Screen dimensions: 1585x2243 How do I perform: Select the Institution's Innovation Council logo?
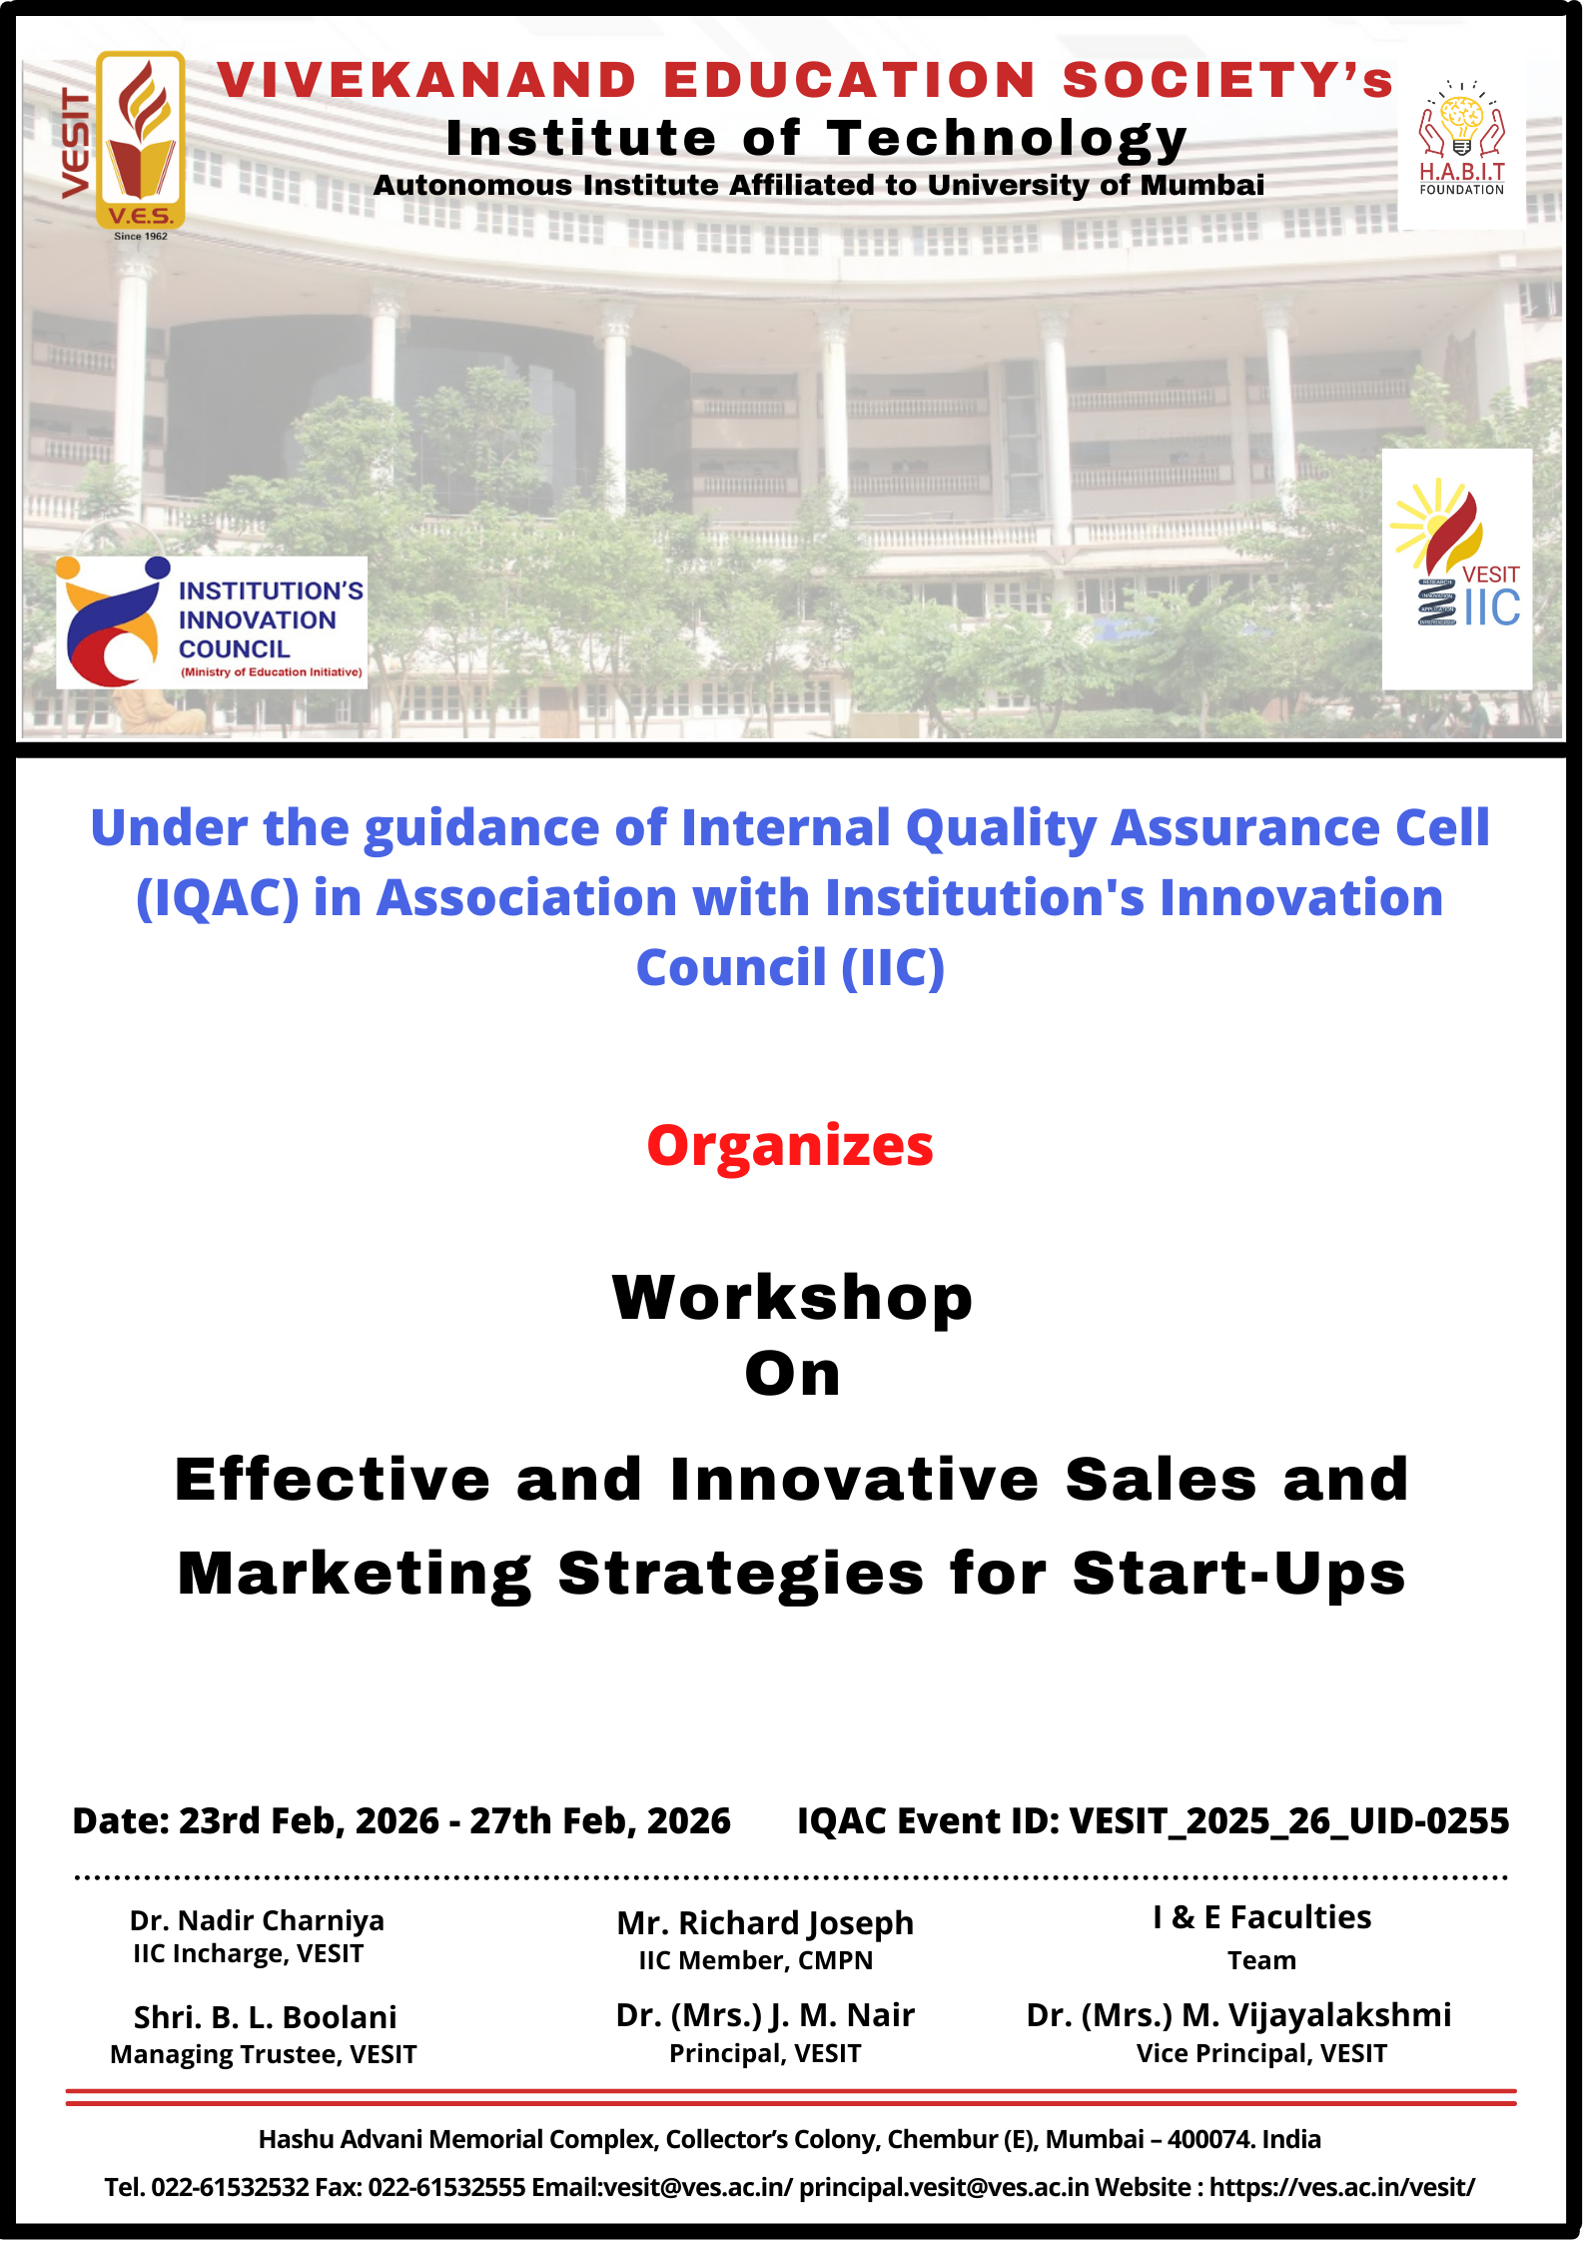[x=212, y=621]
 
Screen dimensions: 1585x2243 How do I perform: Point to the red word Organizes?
[x=790, y=1146]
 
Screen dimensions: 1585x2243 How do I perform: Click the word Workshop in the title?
[x=792, y=1298]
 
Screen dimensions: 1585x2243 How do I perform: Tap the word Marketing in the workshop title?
[x=355, y=1575]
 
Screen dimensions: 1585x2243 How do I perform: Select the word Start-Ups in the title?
[x=1239, y=1574]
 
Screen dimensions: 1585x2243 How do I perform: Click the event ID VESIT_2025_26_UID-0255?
[x=1289, y=1821]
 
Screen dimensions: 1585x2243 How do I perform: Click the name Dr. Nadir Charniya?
[x=257, y=1920]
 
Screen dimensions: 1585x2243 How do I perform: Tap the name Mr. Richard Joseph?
[x=765, y=1923]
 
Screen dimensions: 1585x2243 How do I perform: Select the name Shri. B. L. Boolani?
[x=266, y=2017]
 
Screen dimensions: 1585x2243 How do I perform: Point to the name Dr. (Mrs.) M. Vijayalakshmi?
[x=1239, y=2016]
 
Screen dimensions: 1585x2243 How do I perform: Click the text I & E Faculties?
[x=1262, y=1917]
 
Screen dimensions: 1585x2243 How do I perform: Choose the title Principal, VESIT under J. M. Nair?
[x=765, y=2053]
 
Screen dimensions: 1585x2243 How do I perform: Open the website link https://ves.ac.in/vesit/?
[x=1342, y=2188]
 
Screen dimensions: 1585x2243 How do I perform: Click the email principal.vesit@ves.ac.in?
[x=944, y=2188]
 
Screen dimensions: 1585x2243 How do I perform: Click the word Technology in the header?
[x=1007, y=140]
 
